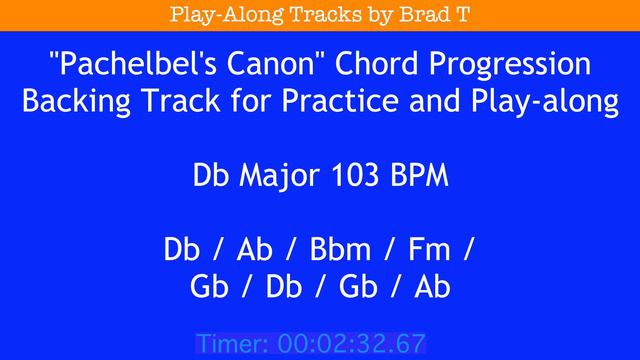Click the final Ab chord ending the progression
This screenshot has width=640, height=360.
(431, 287)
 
